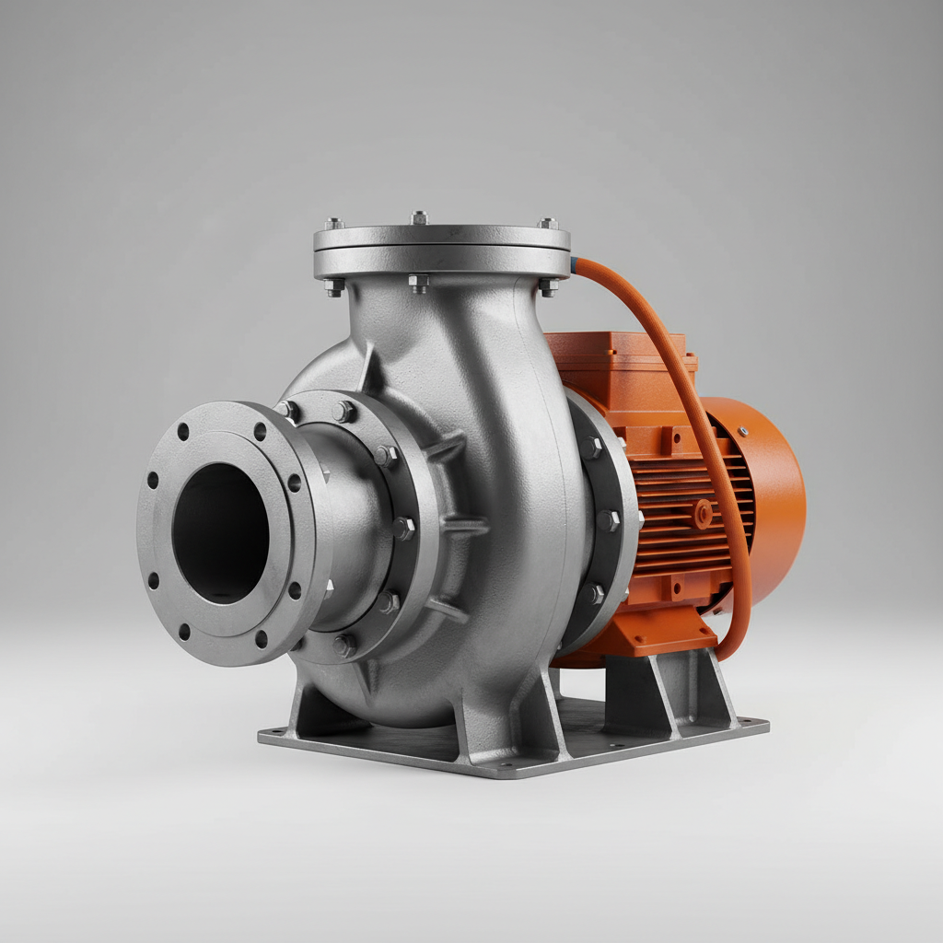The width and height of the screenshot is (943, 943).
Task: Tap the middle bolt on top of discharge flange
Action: (420, 217)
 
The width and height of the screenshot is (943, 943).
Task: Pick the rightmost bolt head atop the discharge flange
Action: (547, 223)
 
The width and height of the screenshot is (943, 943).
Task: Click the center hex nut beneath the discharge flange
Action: (419, 283)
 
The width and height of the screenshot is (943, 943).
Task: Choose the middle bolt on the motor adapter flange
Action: (608, 521)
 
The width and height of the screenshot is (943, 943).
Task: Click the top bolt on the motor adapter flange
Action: (590, 448)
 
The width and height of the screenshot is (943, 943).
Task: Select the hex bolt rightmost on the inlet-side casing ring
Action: (403, 528)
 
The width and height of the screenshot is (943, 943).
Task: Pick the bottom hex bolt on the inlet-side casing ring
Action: (344, 646)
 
